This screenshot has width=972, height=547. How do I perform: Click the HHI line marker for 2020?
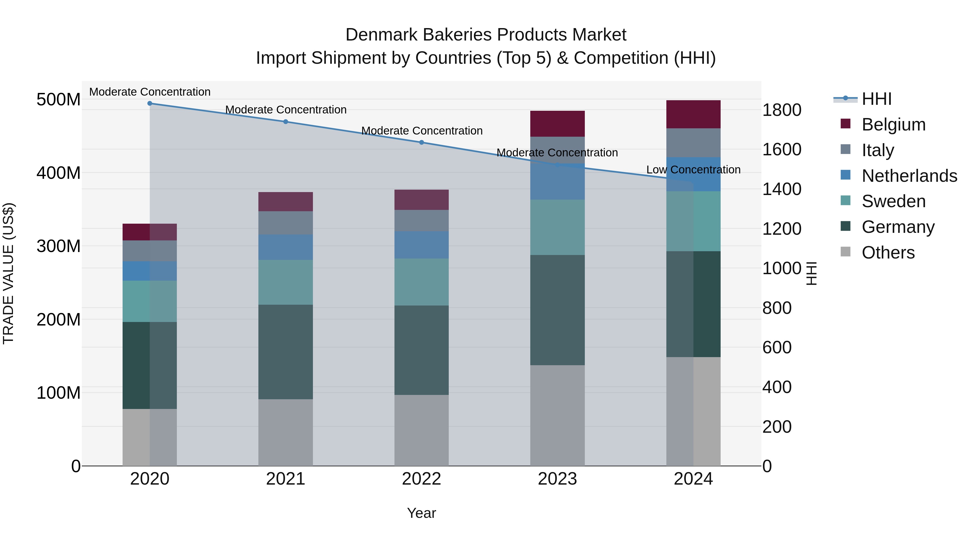pos(150,103)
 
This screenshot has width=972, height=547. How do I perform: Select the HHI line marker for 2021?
pos(286,122)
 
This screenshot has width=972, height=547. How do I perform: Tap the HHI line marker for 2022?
pos(421,142)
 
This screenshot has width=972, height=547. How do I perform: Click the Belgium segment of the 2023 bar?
pos(557,123)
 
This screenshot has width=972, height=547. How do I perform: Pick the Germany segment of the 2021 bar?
pos(286,351)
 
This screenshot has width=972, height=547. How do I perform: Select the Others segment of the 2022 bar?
pos(421,430)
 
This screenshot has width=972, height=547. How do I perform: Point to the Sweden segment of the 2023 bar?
pos(557,227)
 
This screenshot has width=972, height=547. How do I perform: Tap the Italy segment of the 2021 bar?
pos(286,223)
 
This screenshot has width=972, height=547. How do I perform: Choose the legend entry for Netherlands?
pos(909,176)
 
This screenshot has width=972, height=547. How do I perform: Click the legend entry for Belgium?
pos(893,125)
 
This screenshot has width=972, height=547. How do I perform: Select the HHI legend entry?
pos(876,99)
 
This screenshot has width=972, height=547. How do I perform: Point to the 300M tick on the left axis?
pos(59,246)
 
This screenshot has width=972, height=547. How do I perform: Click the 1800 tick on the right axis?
pos(782,110)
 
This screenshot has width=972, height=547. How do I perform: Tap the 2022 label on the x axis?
pos(421,479)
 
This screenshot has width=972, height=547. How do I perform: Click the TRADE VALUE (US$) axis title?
pos(9,273)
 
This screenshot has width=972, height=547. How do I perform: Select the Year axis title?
pos(421,513)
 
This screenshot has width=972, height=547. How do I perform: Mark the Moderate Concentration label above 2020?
pos(150,92)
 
